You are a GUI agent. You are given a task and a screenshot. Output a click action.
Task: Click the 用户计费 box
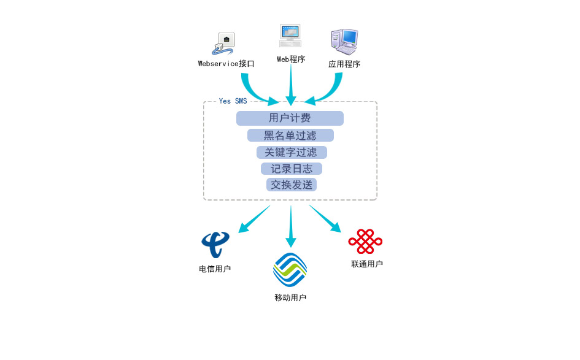tap(290, 118)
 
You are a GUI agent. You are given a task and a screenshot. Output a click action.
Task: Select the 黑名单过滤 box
tap(290, 136)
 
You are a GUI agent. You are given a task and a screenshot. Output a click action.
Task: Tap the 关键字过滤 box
tap(292, 152)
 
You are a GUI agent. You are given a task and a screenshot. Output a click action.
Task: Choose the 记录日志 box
tap(292, 169)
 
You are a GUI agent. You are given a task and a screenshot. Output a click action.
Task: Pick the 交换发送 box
tap(292, 185)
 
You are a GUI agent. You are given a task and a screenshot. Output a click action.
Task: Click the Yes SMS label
tap(233, 101)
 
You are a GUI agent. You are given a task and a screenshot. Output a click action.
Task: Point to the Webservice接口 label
tap(226, 64)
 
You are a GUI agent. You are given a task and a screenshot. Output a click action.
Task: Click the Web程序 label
tap(291, 59)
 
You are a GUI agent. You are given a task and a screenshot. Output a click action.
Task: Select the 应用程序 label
tap(344, 64)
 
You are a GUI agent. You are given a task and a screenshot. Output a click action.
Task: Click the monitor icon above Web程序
tap(290, 36)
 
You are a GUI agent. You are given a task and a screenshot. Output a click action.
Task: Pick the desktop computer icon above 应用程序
tap(344, 42)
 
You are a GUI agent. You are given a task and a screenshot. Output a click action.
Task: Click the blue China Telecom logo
tap(215, 244)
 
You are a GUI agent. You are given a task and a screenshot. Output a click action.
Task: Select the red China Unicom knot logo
tap(365, 242)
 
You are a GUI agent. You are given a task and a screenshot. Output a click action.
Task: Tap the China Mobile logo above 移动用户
tap(290, 270)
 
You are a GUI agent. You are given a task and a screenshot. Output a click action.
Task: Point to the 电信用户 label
tap(215, 269)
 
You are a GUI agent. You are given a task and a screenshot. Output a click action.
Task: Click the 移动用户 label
tap(290, 297)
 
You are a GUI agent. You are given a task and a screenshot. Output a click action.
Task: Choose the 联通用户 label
tap(367, 264)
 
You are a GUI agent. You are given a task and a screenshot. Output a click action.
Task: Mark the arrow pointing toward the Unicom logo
tap(325, 219)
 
